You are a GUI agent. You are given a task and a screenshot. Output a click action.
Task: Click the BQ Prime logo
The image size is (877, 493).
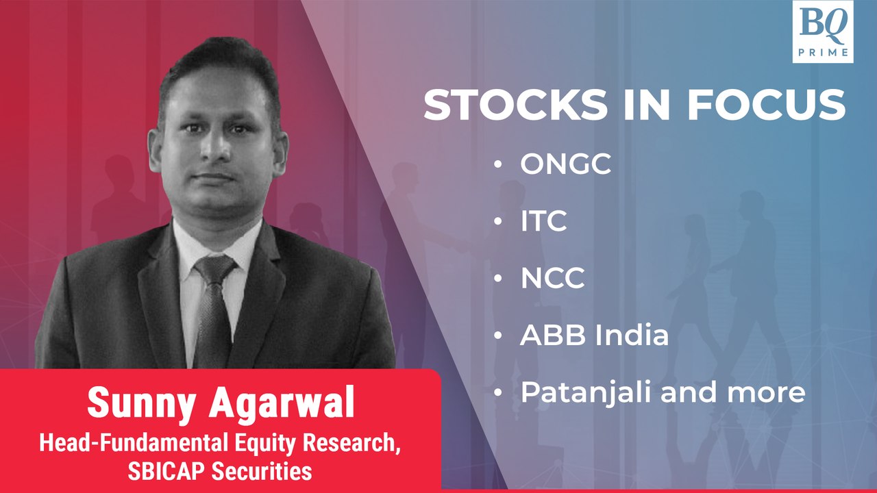coord(823,31)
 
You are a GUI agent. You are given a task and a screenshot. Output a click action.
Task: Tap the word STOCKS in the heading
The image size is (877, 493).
coord(515,105)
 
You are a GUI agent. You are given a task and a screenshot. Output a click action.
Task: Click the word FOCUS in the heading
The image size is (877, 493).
coord(766,105)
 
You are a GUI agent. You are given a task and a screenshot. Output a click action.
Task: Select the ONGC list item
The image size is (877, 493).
coord(565,164)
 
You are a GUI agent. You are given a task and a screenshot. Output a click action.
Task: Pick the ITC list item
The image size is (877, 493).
coord(543,221)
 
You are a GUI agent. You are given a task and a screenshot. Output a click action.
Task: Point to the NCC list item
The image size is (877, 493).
coord(552,278)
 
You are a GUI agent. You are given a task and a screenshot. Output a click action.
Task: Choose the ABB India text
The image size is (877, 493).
coord(594,336)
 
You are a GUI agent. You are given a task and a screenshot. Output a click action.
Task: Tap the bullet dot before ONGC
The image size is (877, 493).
coord(498,164)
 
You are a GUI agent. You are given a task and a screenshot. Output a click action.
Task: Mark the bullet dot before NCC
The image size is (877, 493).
coord(498,279)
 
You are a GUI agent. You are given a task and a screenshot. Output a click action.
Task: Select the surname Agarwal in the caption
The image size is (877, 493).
coord(282,402)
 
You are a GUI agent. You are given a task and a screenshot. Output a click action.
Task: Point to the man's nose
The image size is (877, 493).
coord(216,147)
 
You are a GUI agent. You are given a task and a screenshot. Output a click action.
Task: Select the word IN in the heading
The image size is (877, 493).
coord(647,105)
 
